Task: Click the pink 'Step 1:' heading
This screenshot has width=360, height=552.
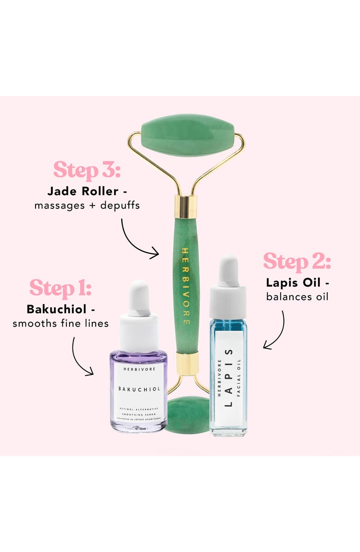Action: [60, 288]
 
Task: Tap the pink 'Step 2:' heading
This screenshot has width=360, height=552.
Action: [297, 262]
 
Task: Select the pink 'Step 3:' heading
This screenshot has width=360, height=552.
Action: [87, 170]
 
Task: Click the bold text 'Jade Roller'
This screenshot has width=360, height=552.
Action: [83, 191]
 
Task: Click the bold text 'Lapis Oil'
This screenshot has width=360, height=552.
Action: [294, 282]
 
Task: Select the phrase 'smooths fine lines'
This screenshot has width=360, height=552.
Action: [60, 323]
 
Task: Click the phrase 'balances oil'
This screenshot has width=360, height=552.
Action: [297, 296]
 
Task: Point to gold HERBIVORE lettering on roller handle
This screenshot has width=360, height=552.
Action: [186, 286]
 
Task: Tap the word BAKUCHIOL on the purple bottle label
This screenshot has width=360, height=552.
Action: [138, 389]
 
